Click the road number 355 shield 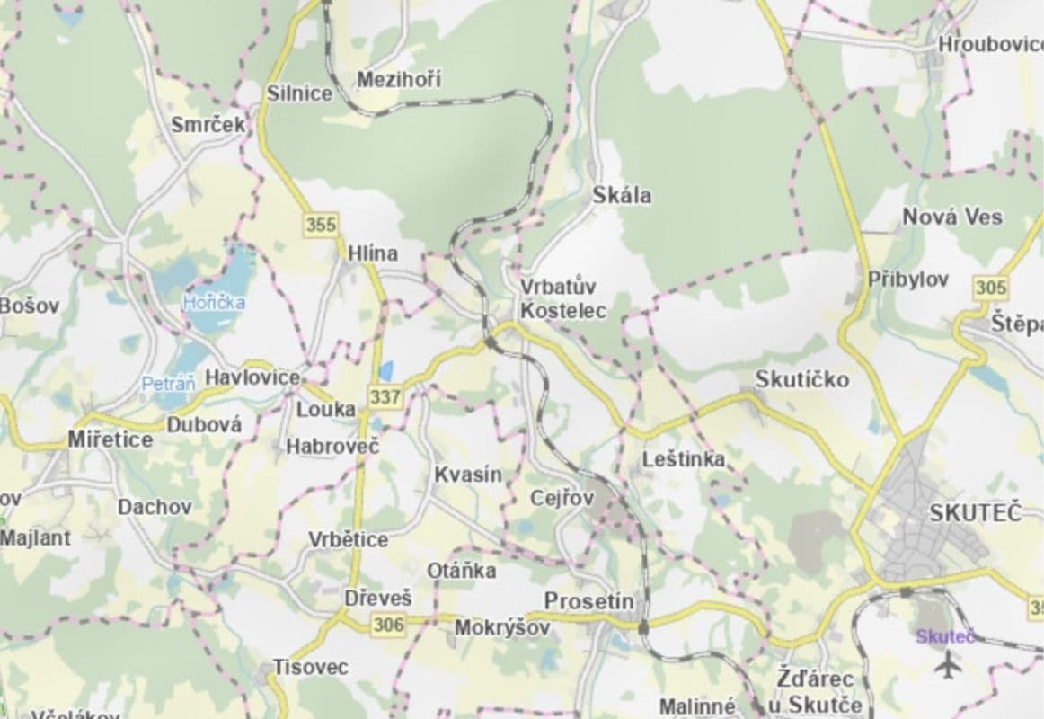point(321,225)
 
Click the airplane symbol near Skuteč point(947,666)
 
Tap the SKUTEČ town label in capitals point(976,513)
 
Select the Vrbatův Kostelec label point(563,299)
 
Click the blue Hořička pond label point(214,302)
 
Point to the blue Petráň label point(168,385)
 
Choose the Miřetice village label point(111,440)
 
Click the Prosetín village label point(589,600)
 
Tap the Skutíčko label point(801,379)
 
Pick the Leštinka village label point(684,459)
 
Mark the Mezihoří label point(399,80)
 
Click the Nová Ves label point(952,217)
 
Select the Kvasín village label point(468,475)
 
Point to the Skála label point(623,195)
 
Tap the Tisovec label point(311,668)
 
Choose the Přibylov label point(908,280)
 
